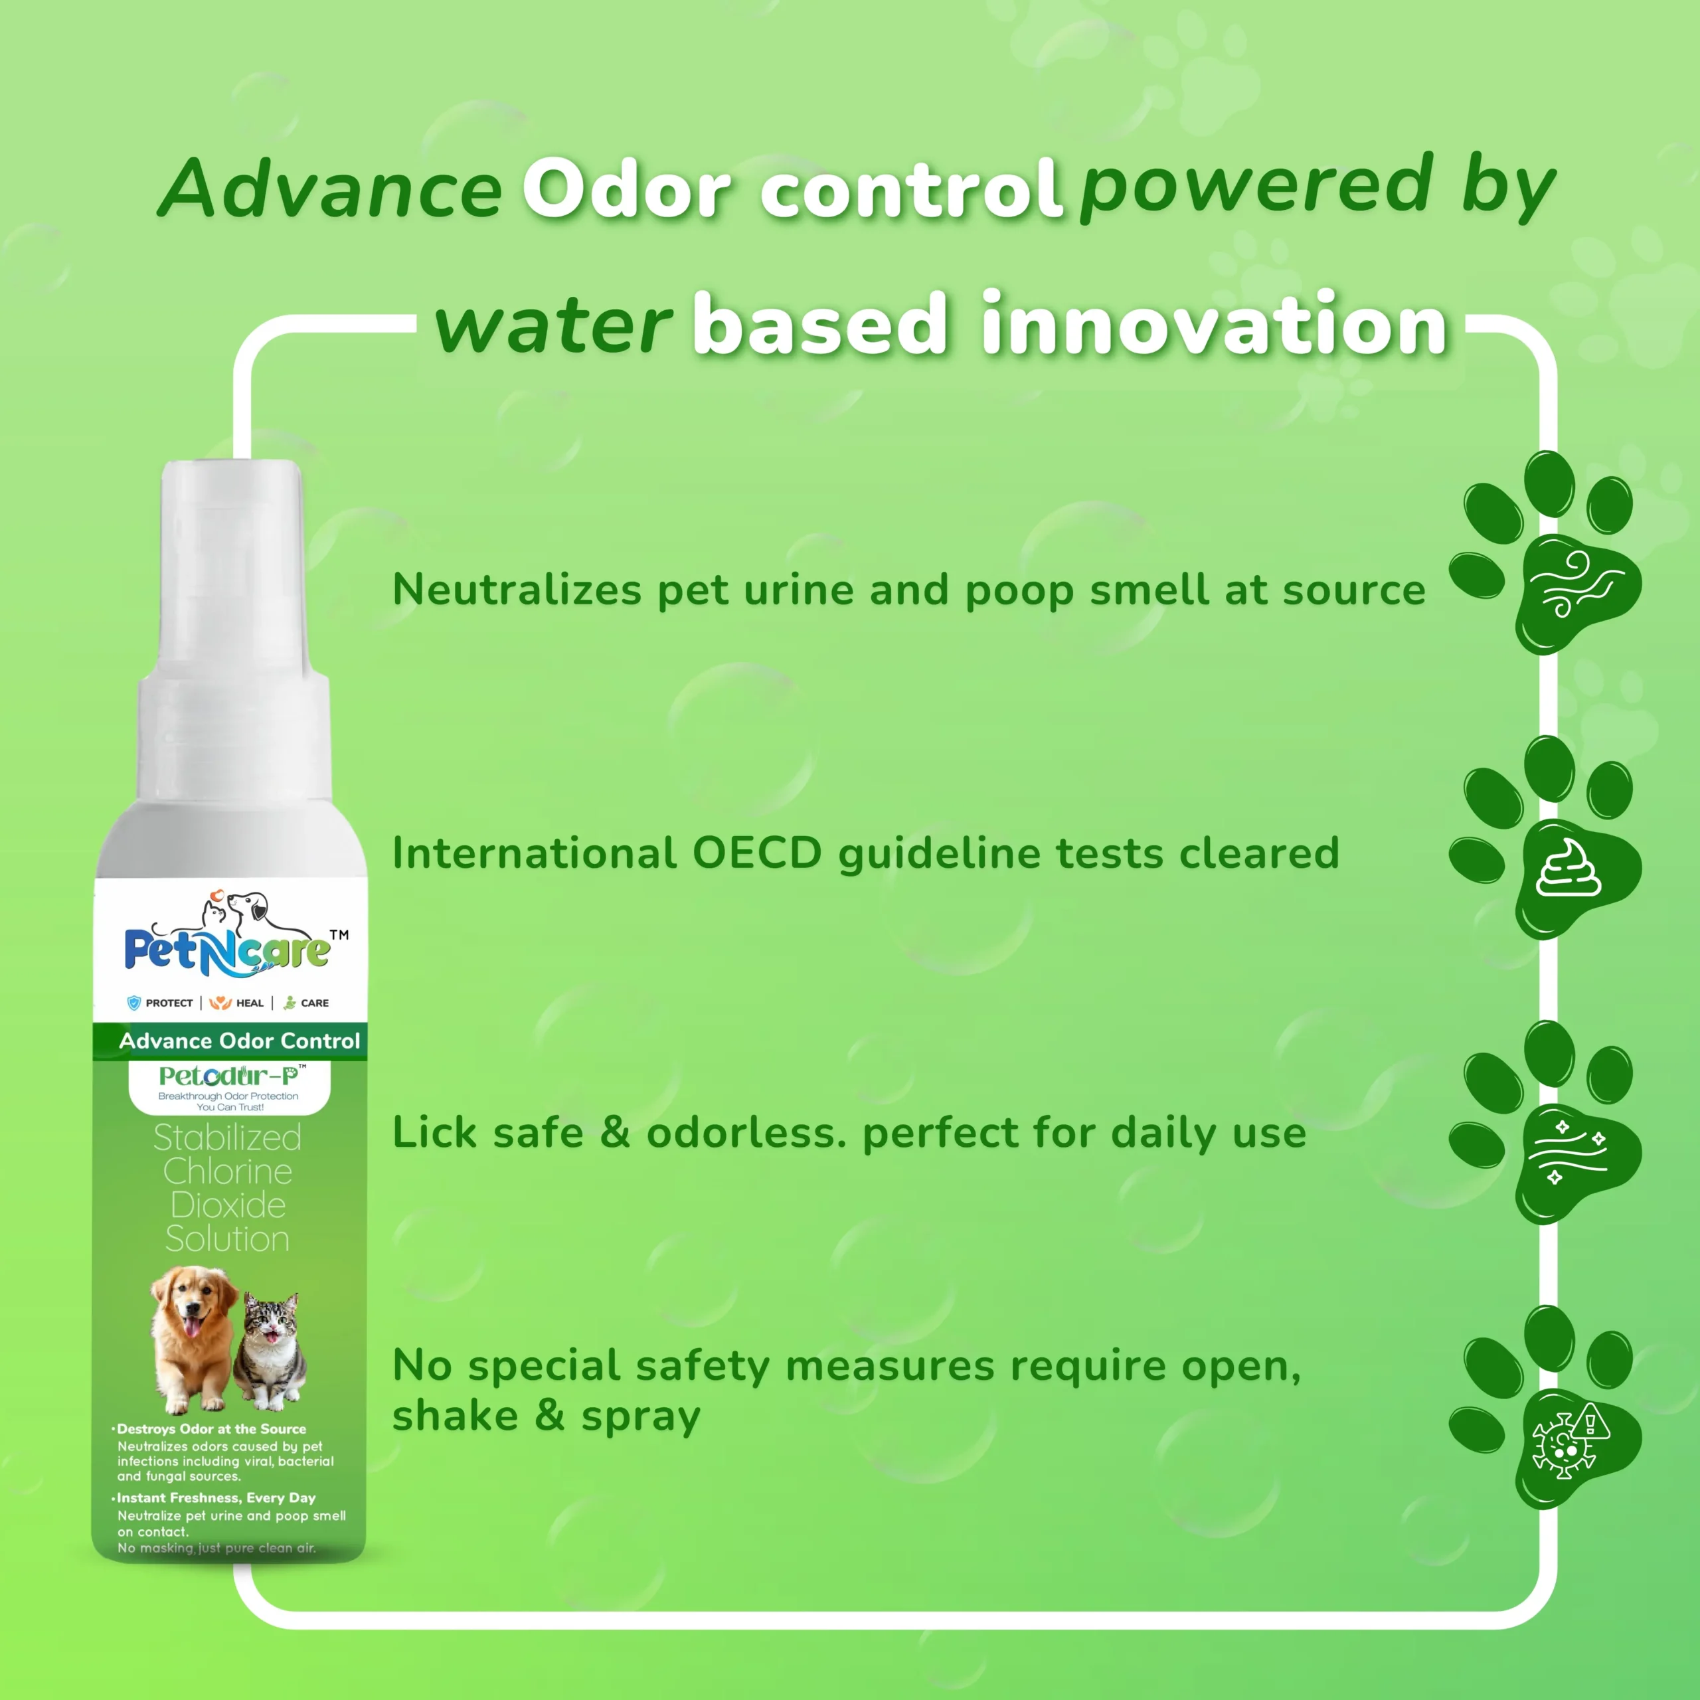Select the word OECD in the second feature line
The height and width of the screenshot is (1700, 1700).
click(757, 853)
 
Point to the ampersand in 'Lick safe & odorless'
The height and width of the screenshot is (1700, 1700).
click(614, 1132)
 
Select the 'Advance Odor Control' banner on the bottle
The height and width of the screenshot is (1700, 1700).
click(230, 1041)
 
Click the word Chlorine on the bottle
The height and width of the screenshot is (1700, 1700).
click(228, 1171)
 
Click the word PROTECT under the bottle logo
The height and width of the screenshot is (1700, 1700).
click(169, 1003)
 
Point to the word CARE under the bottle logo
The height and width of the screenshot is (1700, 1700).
click(315, 1003)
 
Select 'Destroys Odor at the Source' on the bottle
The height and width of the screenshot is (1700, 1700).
click(211, 1430)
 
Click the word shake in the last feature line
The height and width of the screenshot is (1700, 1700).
click(456, 1416)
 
